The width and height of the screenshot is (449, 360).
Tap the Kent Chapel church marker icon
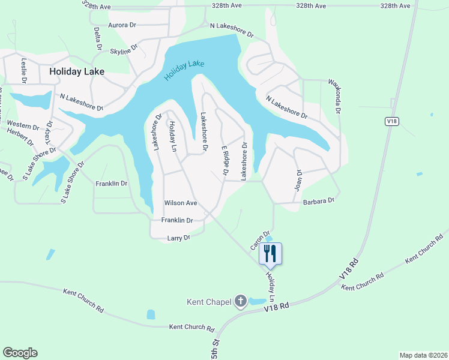pyautogui.click(x=241, y=301)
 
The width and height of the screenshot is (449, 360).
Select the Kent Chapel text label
pyautogui.click(x=209, y=302)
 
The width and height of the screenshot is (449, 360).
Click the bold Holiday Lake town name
pyautogui.click(x=77, y=71)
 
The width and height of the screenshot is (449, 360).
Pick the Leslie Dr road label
pyautogui.click(x=24, y=70)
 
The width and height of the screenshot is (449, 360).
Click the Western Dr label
pyautogui.click(x=22, y=124)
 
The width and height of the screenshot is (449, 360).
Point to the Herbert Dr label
pyautogui.click(x=20, y=136)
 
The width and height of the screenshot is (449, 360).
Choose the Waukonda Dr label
pyautogui.click(x=333, y=96)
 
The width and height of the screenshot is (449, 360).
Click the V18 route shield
pyautogui.click(x=391, y=121)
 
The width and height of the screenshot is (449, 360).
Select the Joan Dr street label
pyautogui.click(x=298, y=179)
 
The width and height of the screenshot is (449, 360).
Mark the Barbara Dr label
pyautogui.click(x=318, y=201)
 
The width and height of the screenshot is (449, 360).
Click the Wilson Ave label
pyautogui.click(x=181, y=203)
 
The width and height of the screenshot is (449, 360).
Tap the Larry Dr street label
pyautogui.click(x=178, y=238)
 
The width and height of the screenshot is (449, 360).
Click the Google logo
pyautogui.click(x=20, y=353)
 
